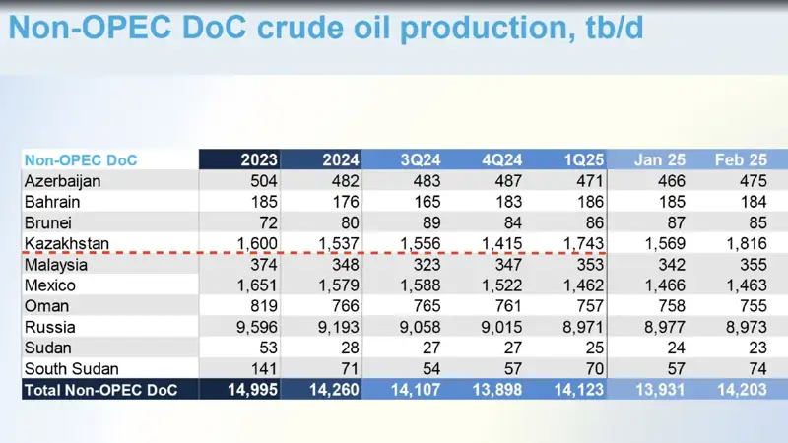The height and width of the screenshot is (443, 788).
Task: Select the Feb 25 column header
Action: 741,160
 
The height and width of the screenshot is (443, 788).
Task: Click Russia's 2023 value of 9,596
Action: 255,327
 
